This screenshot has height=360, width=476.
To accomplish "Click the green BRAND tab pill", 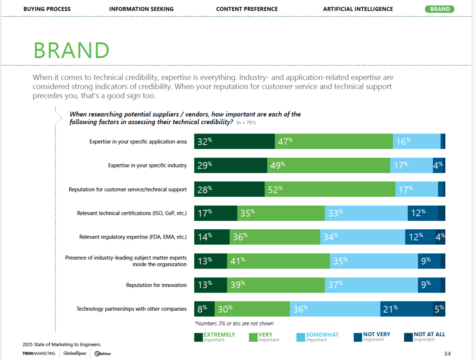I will coord(439,9).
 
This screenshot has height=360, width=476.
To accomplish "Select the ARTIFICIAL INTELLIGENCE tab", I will coord(358,9).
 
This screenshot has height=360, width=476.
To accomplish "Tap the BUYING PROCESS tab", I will coord(47,9).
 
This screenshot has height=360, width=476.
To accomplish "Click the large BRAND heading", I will coord(72,51).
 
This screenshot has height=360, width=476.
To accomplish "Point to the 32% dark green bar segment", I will coord(234,141).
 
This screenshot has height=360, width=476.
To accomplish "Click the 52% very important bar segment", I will coord(330,189).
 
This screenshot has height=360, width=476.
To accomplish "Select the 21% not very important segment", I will coord(407,309).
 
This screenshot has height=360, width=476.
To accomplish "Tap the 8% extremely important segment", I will coord(204,309).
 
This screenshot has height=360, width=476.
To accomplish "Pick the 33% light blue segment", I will coord(366,213).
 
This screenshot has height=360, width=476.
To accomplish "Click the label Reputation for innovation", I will coord(156,285).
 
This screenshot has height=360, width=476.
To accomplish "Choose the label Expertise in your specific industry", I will coord(147,165).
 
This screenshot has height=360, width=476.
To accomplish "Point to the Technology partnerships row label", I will coord(132,309).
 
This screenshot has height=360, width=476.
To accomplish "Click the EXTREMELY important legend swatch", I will coord(198,337).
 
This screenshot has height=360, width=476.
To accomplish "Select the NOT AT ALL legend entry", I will coord(429,334).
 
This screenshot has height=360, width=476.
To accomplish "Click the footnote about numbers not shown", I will coord(234,323).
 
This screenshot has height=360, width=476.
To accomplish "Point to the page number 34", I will coord(447,353).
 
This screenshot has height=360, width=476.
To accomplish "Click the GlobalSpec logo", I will coord(74,353).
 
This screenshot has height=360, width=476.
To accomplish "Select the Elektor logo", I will coord(103,353).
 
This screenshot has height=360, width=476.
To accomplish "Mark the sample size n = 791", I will coord(246,123).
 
